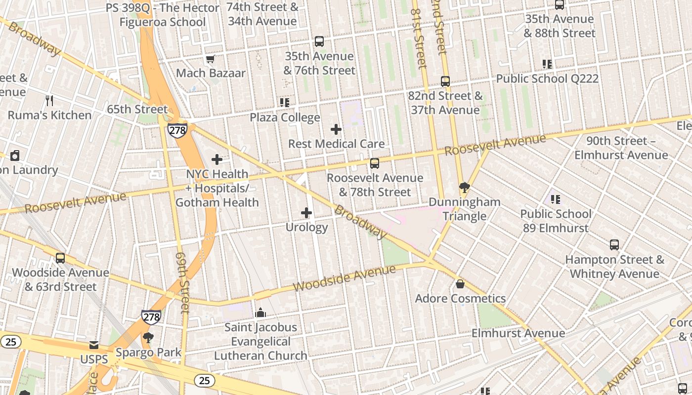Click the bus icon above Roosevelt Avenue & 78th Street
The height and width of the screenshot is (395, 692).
pyautogui.click(x=375, y=163)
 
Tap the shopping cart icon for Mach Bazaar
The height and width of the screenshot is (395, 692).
pyautogui.click(x=211, y=59)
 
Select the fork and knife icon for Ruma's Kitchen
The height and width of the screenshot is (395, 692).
pyautogui.click(x=49, y=101)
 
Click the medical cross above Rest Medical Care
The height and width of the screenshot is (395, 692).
pyautogui.click(x=336, y=129)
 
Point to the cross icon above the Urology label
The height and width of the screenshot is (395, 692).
pyautogui.click(x=306, y=213)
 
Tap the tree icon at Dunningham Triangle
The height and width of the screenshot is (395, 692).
pyautogui.click(x=464, y=188)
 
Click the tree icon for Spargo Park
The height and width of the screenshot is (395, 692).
pyautogui.click(x=148, y=338)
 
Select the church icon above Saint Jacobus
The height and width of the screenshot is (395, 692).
pyautogui.click(x=260, y=313)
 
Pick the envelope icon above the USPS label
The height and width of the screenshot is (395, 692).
pyautogui.click(x=94, y=345)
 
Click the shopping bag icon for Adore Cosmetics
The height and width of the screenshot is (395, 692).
pyautogui.click(x=460, y=284)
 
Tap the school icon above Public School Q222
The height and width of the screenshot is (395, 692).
pyautogui.click(x=547, y=64)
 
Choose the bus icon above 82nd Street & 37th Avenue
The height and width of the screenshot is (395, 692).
pyautogui.click(x=445, y=81)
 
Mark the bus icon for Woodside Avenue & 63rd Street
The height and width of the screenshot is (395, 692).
pyautogui.click(x=60, y=258)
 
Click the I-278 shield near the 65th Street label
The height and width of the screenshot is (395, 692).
pyautogui.click(x=177, y=130)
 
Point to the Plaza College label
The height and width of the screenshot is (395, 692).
pyautogui.click(x=285, y=118)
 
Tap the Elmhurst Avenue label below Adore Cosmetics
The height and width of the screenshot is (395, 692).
pyautogui.click(x=518, y=333)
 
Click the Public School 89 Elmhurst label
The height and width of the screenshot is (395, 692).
pyautogui.click(x=556, y=221)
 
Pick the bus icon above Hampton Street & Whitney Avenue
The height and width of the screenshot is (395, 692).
pyautogui.click(x=614, y=245)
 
